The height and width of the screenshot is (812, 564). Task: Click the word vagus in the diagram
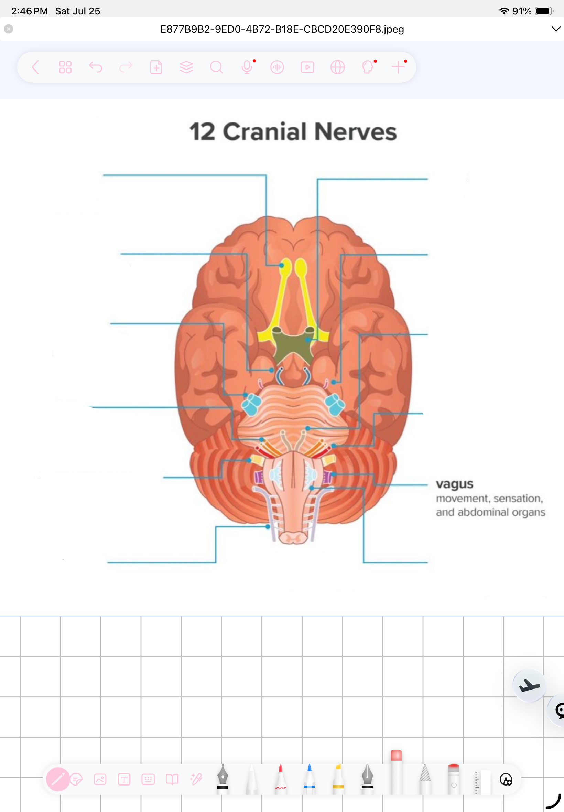454,484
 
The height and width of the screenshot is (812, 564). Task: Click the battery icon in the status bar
544,11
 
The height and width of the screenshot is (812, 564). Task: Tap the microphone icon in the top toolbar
247,67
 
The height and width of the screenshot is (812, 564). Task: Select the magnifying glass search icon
216,67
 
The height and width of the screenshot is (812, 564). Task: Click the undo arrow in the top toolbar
95,67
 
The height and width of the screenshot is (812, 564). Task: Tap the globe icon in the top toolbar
337,67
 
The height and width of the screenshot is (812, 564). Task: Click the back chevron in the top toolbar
35,67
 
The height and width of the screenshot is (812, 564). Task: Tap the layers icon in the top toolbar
186,67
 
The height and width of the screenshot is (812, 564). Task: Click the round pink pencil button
58,779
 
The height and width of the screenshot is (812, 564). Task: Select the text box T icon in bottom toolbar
124,779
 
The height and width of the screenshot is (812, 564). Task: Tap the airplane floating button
529,685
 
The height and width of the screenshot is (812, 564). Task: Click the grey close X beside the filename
9,29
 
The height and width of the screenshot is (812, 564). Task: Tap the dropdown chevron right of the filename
556,29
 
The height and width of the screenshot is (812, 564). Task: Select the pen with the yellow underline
338,779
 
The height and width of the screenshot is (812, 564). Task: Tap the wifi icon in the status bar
504,11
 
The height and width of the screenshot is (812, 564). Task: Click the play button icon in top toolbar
307,67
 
